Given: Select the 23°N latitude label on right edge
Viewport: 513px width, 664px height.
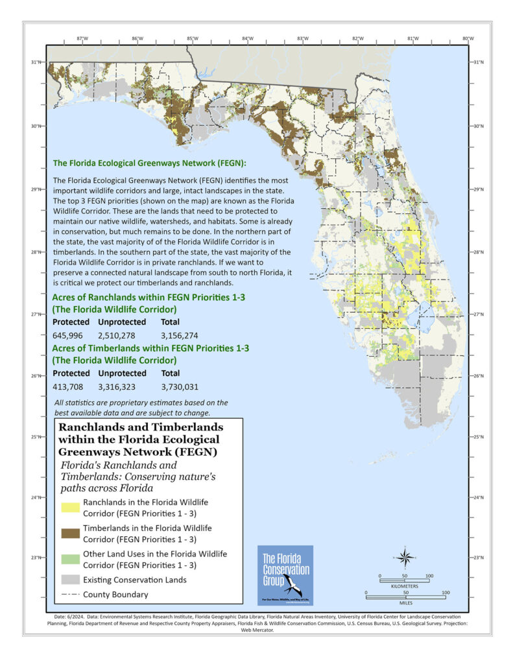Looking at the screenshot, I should [478, 558].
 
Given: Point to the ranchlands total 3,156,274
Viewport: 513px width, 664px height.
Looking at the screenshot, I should [180, 335].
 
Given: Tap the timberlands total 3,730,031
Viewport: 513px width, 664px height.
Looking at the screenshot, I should [180, 387].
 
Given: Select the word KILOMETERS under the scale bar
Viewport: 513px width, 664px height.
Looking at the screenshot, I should [405, 586].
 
